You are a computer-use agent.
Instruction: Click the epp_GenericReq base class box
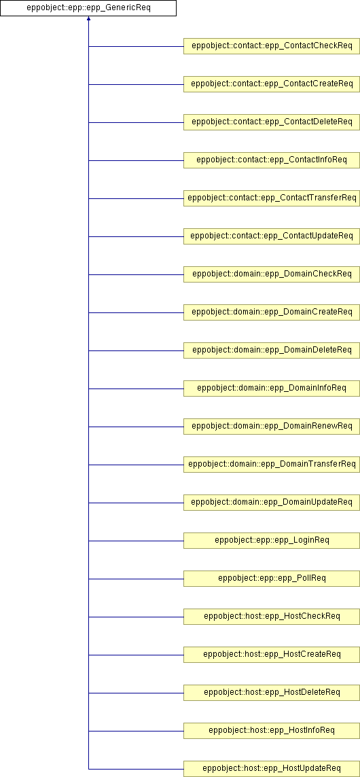pyautogui.click(x=88, y=8)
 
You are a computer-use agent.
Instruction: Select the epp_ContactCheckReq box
pyautogui.click(x=272, y=46)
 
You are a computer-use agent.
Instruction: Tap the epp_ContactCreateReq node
pyautogui.click(x=272, y=84)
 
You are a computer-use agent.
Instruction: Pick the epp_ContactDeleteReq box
pyautogui.click(x=272, y=122)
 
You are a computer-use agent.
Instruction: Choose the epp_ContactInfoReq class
pyautogui.click(x=272, y=160)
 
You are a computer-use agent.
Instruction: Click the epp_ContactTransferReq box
pyautogui.click(x=272, y=198)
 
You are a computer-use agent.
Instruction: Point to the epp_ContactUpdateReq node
pyautogui.click(x=272, y=236)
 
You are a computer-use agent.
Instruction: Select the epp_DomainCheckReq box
pyautogui.click(x=272, y=274)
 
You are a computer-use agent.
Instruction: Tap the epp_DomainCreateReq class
pyautogui.click(x=272, y=312)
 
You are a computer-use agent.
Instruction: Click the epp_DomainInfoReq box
pyautogui.click(x=272, y=388)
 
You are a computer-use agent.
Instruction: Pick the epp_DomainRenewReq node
pyautogui.click(x=272, y=427)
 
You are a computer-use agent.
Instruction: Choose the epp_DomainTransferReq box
pyautogui.click(x=272, y=465)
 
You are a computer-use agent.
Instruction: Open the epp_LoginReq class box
pyautogui.click(x=272, y=541)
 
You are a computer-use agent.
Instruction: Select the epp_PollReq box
pyautogui.click(x=272, y=579)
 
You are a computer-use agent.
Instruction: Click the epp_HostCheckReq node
pyautogui.click(x=272, y=617)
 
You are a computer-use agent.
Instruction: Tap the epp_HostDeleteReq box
pyautogui.click(x=272, y=693)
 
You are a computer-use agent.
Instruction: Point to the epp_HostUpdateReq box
pyautogui.click(x=272, y=769)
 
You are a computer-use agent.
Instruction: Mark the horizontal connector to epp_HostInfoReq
pyautogui.click(x=136, y=731)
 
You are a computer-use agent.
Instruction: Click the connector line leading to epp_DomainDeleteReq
pyautogui.click(x=136, y=350)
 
